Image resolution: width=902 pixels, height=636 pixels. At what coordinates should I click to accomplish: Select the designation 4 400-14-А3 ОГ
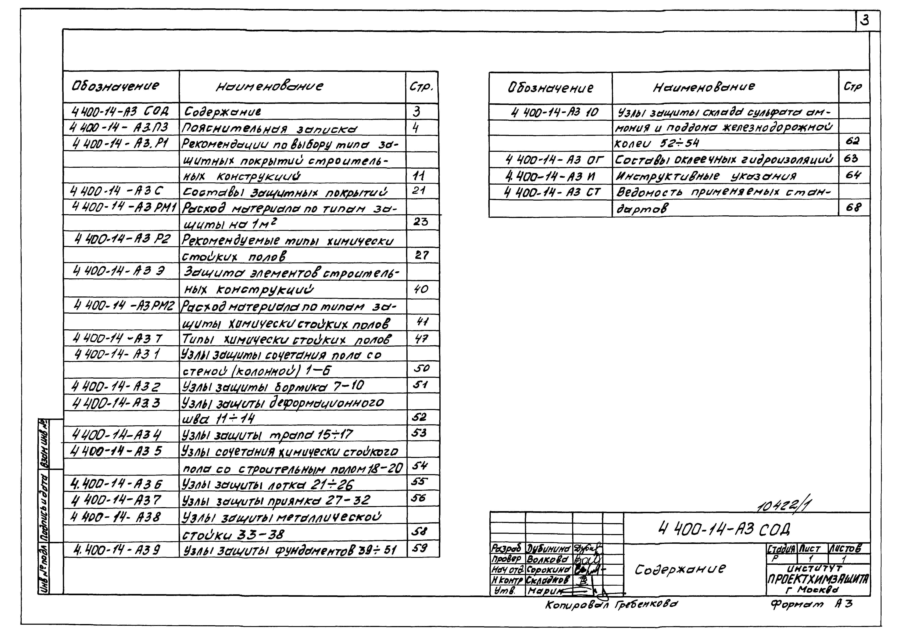click(x=554, y=160)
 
